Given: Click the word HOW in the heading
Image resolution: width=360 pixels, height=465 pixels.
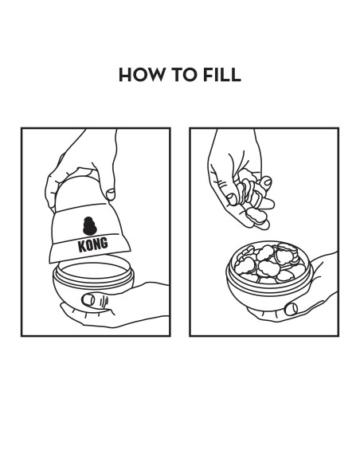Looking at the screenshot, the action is [x=141, y=74].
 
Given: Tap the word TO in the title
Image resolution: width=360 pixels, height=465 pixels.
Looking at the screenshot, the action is [x=183, y=74].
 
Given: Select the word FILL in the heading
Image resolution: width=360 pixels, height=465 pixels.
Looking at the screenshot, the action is [x=221, y=74].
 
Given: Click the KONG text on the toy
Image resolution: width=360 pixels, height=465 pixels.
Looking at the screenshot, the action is [x=93, y=244].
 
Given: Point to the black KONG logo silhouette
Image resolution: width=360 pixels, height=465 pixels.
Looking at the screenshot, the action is [x=90, y=226].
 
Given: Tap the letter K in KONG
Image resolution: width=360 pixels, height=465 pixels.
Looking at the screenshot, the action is [x=81, y=247].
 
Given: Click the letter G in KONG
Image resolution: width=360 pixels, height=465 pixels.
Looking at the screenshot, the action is [x=104, y=243].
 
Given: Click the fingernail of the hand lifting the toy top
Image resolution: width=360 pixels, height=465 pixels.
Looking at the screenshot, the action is [x=111, y=194].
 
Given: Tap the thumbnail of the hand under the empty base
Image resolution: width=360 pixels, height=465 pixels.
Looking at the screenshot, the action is [x=88, y=300].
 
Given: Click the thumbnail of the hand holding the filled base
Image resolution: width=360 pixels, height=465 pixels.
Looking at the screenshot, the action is [x=291, y=309].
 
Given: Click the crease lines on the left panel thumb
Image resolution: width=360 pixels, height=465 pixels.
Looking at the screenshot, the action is [x=104, y=302].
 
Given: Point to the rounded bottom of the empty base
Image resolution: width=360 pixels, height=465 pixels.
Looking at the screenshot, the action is [x=93, y=294].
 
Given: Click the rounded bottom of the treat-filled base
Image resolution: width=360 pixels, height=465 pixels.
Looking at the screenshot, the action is [x=268, y=296].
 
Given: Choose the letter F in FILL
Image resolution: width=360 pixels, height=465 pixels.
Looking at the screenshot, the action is [x=208, y=74].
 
